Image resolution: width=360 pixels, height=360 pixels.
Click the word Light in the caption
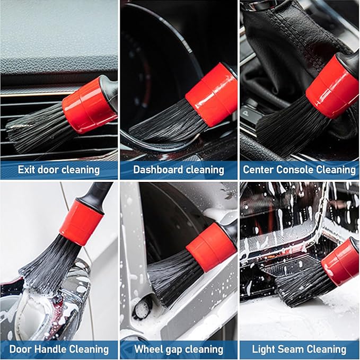[264, 349]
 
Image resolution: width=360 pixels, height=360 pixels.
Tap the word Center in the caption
[260, 170]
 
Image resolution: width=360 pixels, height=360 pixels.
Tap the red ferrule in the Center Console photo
[333, 85]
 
